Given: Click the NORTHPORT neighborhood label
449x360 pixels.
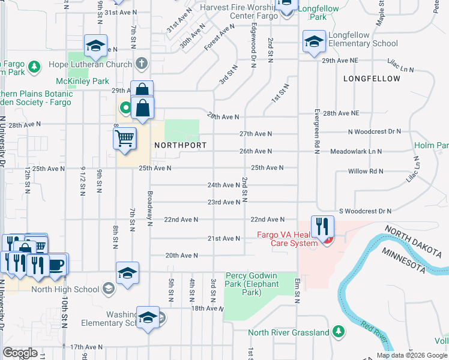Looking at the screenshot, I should (180, 146).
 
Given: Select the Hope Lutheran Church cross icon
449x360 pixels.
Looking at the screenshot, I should (141, 63).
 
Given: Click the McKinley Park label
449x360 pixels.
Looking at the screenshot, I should (82, 81).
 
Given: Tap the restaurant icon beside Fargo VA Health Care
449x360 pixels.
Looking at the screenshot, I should (323, 227).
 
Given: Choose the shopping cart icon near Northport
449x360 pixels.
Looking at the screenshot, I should (124, 138).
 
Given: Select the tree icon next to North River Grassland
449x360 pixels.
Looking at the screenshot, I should (339, 332).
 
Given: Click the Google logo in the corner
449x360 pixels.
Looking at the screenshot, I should (20, 352).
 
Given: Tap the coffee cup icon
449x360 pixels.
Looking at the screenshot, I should (58, 264).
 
